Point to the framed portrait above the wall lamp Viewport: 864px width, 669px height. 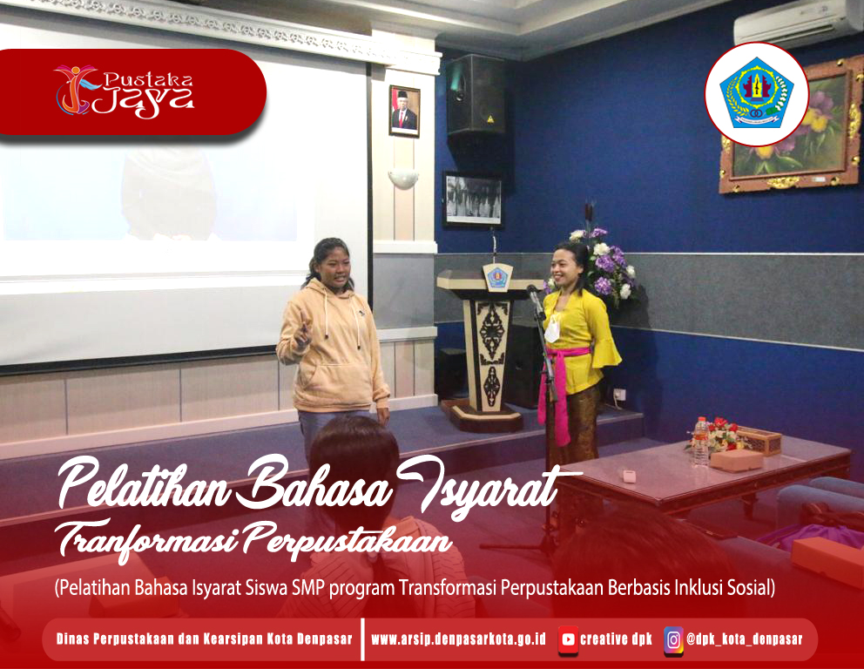tap(404, 111)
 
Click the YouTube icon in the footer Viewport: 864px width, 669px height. tap(568, 639)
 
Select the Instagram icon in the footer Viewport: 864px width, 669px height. tap(673, 639)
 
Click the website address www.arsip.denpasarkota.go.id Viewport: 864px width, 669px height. tap(458, 639)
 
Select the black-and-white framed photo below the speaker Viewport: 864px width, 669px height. tap(472, 200)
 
